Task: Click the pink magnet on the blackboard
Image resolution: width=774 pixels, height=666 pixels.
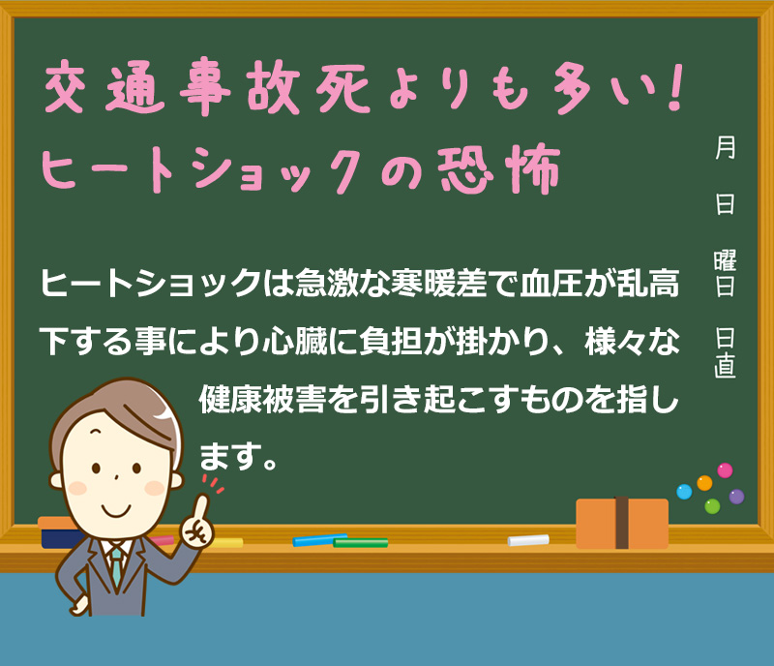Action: (x=725, y=470)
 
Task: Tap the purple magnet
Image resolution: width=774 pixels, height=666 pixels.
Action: (x=736, y=497)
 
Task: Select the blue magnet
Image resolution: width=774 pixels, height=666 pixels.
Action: (x=684, y=492)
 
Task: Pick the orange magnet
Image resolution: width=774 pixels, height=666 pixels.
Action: (x=704, y=483)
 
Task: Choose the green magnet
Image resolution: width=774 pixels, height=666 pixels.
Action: (x=712, y=506)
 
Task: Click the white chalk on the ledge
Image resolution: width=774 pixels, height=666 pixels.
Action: (x=528, y=540)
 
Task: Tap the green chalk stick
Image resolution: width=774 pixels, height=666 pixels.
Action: (x=360, y=543)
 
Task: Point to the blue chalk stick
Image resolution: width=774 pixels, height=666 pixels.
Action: (x=320, y=539)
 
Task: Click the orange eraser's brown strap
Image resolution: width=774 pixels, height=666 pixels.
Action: (x=621, y=523)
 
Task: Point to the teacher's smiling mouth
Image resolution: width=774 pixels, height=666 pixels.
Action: (x=116, y=510)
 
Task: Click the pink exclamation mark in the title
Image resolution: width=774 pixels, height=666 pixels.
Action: (x=672, y=87)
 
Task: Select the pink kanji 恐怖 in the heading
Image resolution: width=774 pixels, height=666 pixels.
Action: (x=499, y=168)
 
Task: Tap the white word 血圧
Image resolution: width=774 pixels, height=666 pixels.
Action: (x=551, y=283)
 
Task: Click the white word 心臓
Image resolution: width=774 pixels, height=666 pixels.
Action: (x=295, y=341)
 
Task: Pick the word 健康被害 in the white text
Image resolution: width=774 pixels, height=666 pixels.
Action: (x=262, y=399)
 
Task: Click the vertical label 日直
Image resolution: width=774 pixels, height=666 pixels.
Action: (x=725, y=352)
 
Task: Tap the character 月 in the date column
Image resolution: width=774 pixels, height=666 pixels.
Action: (x=725, y=148)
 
